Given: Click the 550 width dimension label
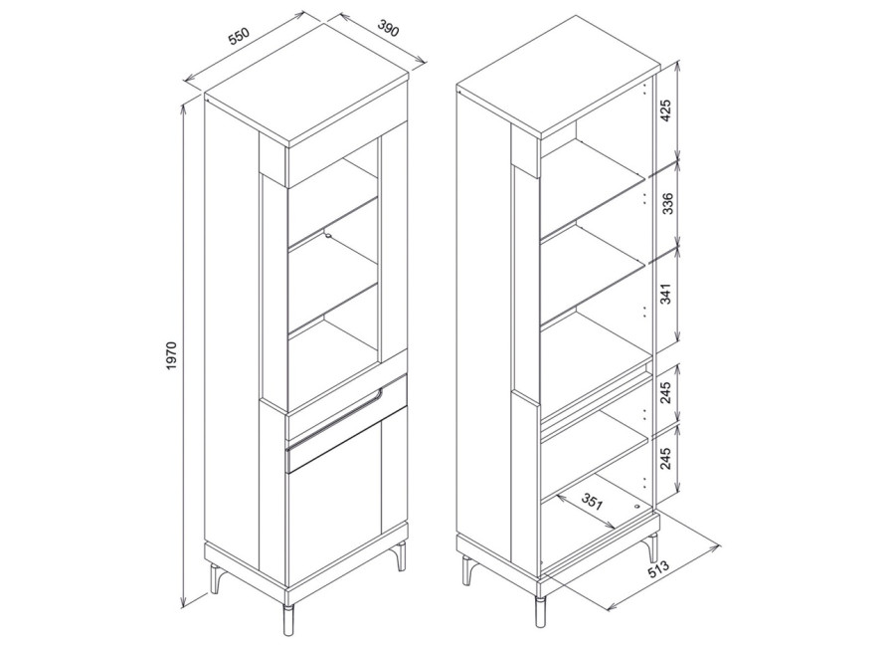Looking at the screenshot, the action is tap(239, 36).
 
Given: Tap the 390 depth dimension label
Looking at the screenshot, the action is tap(388, 28).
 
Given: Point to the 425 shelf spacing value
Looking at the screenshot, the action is tap(666, 110).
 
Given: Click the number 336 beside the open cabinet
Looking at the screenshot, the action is tap(666, 204).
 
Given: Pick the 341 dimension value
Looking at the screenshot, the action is tap(666, 293).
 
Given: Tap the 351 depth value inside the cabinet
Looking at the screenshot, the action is tap(592, 502).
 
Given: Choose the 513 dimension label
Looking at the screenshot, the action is tap(658, 572).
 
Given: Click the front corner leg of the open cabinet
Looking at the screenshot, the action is tap(540, 611).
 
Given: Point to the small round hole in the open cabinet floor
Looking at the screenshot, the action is tap(638, 506).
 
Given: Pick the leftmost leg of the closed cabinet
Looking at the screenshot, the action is tap(215, 578).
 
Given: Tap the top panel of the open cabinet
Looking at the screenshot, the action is tap(558, 76).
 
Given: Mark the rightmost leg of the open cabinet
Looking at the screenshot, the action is tap(650, 547).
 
